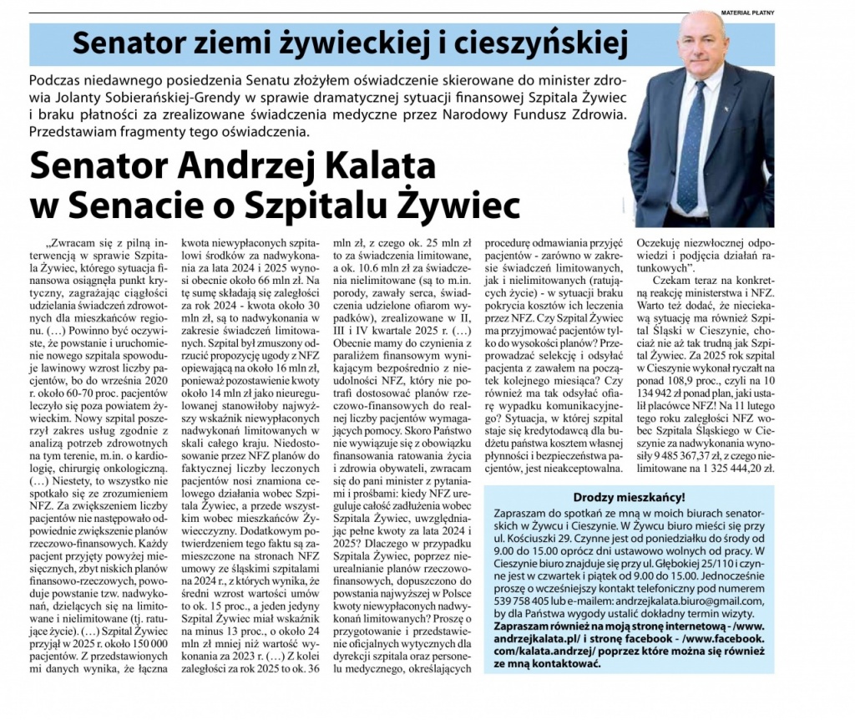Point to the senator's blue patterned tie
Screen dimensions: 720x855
click(692, 138)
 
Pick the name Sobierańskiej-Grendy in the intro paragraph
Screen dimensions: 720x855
click(156, 99)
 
